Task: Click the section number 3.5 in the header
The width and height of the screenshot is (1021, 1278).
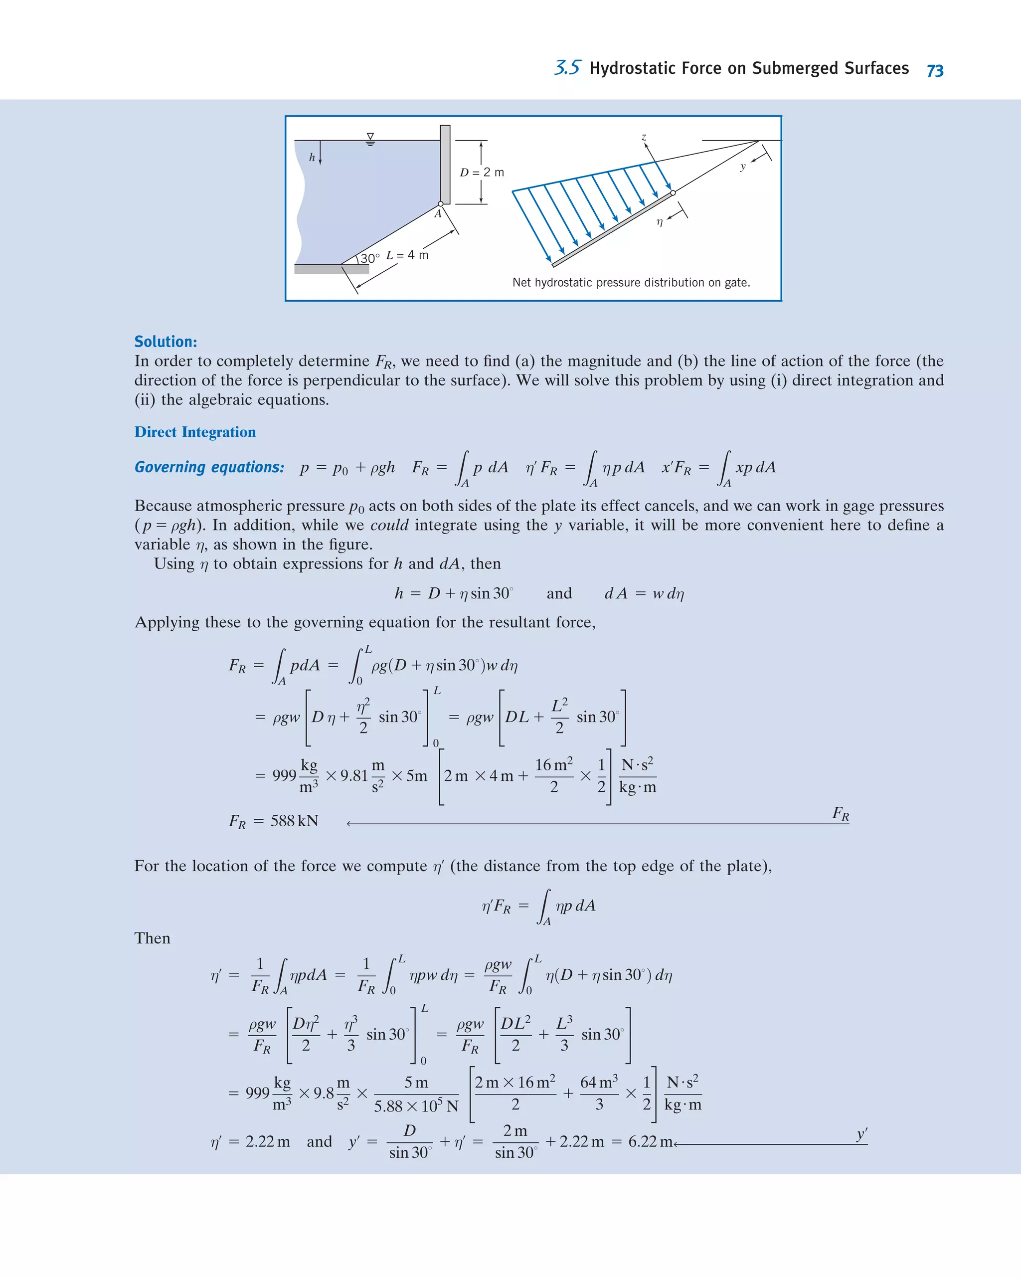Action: coord(567,68)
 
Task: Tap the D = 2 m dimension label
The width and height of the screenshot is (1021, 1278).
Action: coord(482,173)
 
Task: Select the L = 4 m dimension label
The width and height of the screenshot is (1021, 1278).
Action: coord(407,255)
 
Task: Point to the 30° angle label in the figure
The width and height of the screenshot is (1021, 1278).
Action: coord(370,258)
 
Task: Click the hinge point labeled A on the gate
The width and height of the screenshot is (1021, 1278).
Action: coord(440,204)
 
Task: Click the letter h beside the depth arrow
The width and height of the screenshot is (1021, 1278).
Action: coord(312,158)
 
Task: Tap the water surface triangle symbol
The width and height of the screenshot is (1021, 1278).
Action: coord(370,138)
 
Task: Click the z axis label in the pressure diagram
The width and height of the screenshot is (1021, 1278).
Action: coord(644,137)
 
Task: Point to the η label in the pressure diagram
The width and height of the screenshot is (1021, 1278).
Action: coord(660,222)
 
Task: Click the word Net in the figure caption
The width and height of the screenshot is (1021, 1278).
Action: coord(521,283)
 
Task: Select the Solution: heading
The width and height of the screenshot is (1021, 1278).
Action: coord(166,342)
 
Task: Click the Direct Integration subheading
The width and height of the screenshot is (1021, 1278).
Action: coord(195,432)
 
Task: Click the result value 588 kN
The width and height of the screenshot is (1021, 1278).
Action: coord(294,821)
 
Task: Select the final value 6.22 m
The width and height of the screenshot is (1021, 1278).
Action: coord(650,1142)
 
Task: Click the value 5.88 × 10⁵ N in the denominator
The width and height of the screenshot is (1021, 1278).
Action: coord(416,1106)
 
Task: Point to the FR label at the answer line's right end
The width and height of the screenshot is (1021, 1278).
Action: coord(840,813)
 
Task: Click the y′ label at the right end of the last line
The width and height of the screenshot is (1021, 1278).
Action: coord(861,1134)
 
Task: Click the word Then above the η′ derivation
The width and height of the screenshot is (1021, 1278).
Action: coord(152,938)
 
